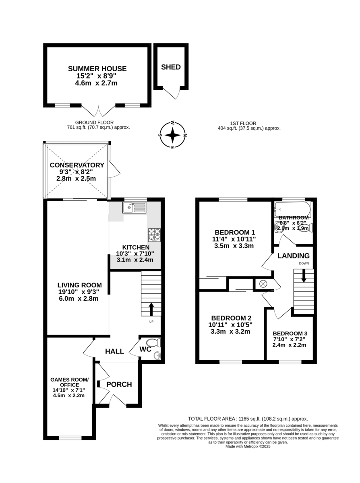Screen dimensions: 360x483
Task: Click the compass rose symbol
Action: [172, 135]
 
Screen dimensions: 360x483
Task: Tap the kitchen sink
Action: [134, 208]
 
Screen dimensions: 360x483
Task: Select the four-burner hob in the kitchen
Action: [155, 235]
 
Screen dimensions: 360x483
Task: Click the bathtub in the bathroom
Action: [292, 208]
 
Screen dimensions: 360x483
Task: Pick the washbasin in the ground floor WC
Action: [157, 355]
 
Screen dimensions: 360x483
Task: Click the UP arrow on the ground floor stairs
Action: [151, 309]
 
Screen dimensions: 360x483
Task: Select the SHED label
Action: [171, 67]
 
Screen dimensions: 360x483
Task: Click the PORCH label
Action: [119, 384]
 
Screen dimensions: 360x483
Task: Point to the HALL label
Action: [114, 351]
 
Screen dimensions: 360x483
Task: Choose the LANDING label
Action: [293, 256]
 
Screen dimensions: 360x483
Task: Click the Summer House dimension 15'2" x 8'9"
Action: [96, 76]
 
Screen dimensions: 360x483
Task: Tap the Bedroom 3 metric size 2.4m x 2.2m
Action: [289, 345]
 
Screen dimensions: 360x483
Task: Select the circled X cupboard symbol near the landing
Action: [263, 284]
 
